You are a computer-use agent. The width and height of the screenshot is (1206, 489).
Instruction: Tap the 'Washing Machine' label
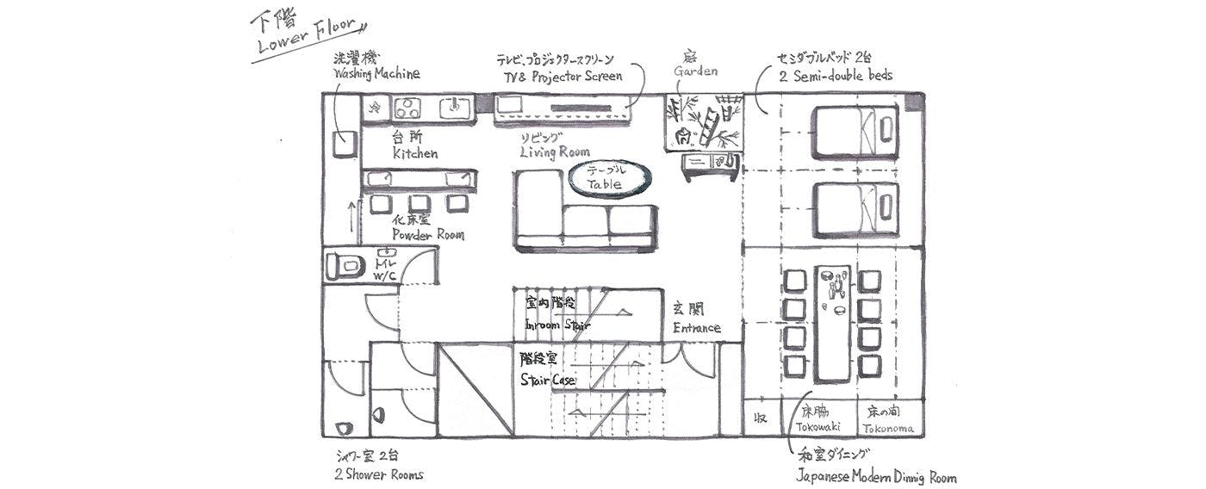(x=376, y=74)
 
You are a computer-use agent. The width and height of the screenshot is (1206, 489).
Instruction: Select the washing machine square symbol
(x=345, y=145)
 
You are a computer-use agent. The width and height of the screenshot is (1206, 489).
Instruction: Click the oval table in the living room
(x=610, y=178)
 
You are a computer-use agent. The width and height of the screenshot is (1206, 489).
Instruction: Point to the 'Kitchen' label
(x=415, y=153)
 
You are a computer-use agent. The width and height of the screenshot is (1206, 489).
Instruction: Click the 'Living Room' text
(x=555, y=152)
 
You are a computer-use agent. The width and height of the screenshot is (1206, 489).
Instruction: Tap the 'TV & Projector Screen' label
(x=563, y=77)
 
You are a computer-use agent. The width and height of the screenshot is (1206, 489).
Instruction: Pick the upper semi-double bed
(x=855, y=131)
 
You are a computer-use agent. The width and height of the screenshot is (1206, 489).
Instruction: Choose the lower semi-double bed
(x=855, y=209)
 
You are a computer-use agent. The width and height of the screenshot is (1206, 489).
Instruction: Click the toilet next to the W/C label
(x=345, y=266)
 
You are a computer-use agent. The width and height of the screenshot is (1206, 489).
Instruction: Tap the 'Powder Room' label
(x=427, y=234)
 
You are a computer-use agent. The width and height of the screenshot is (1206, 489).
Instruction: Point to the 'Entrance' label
(x=697, y=328)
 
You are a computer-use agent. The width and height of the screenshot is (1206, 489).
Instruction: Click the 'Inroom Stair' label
(x=557, y=325)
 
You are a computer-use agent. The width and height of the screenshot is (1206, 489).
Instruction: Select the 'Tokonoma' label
(x=888, y=428)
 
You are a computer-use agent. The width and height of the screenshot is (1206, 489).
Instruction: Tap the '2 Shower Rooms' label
(x=378, y=474)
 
